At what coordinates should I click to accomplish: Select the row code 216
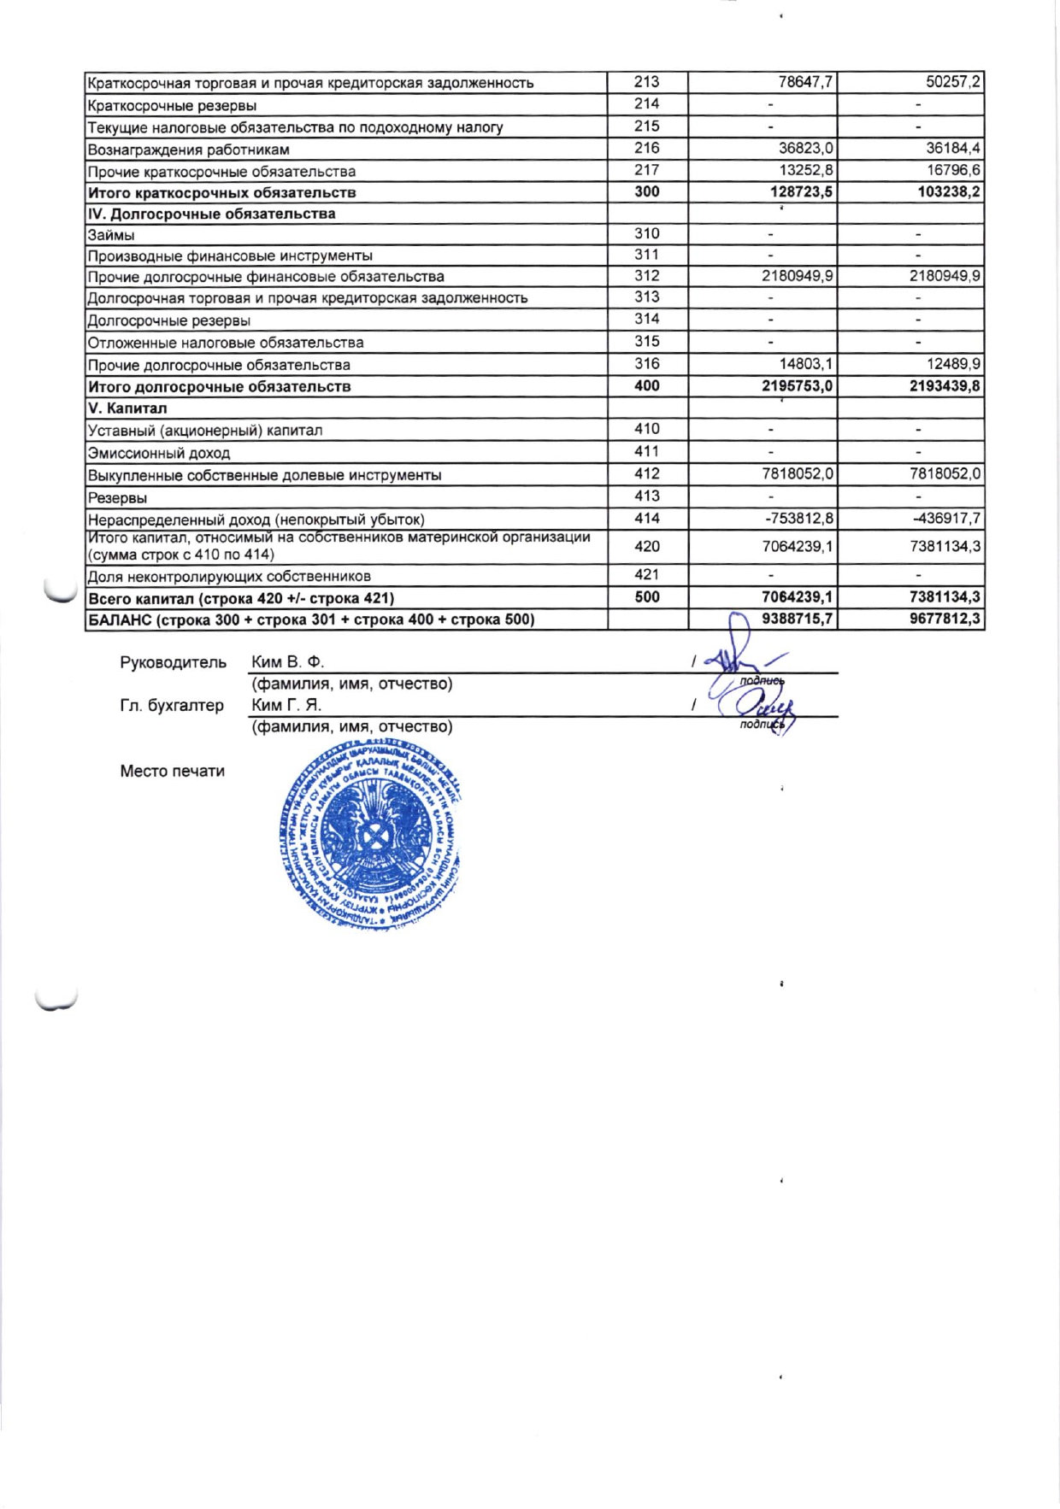coord(647,149)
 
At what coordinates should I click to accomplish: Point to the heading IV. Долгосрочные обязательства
coord(212,214)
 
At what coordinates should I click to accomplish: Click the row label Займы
coord(111,235)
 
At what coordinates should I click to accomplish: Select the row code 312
coord(647,276)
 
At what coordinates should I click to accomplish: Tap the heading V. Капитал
coord(127,408)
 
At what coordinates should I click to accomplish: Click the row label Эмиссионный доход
coord(159,453)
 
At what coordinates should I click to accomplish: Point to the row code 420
coord(647,546)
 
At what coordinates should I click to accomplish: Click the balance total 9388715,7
coord(798,619)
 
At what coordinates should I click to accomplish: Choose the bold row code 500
coord(647,597)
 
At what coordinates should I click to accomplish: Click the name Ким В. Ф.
coord(288,662)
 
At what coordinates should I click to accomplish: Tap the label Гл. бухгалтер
coord(172,705)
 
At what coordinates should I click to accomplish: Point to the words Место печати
coord(172,771)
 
